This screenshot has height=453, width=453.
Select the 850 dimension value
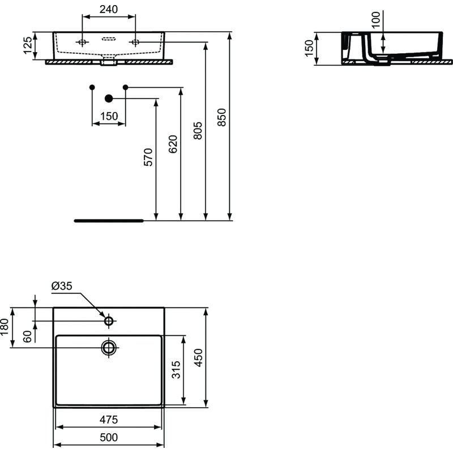click(x=222, y=117)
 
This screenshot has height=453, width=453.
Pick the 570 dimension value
click(x=148, y=157)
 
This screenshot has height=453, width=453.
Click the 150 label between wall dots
click(x=109, y=116)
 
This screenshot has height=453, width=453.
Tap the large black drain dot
click(x=109, y=99)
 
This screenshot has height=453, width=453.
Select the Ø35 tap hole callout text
click(x=62, y=287)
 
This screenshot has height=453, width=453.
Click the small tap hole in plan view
click(x=109, y=321)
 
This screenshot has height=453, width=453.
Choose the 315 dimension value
click(x=176, y=371)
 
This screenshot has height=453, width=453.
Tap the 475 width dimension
click(x=109, y=420)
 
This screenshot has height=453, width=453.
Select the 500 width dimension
click(x=109, y=437)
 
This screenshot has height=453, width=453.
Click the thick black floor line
click(x=109, y=220)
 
